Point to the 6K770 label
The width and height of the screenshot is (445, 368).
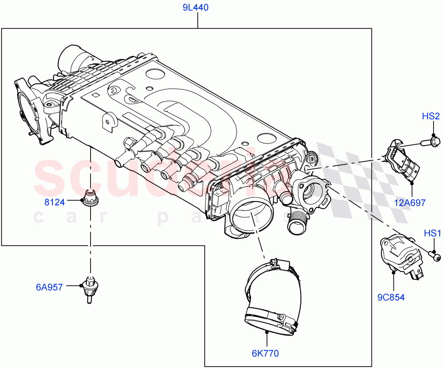[265, 353]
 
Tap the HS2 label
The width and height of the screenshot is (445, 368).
[431, 116]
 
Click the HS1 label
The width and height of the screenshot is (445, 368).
[432, 233]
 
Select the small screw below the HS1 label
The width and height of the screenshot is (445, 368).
[435, 256]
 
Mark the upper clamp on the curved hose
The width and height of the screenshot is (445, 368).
[274, 265]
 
